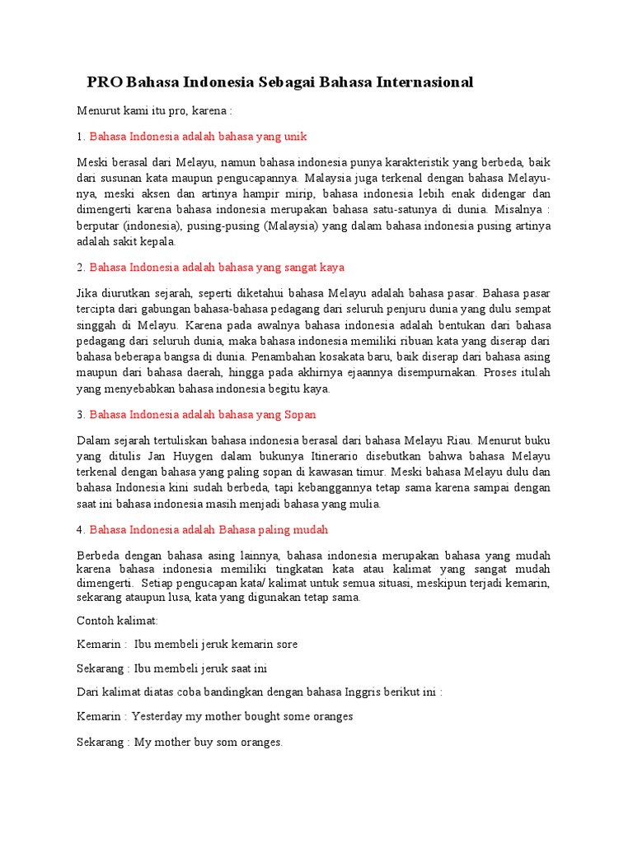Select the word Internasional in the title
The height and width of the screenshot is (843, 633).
[425, 82]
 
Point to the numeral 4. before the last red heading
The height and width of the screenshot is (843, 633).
[81, 529]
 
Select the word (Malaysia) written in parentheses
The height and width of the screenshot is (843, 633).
[293, 226]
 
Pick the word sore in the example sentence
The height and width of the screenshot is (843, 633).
[286, 644]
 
